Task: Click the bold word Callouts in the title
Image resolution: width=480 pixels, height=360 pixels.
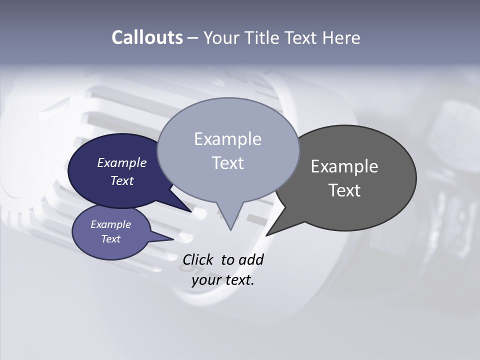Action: coord(147,37)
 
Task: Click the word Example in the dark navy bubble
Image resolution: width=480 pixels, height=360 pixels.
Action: coord(122,162)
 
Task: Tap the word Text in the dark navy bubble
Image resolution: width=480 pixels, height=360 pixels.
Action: coord(122,180)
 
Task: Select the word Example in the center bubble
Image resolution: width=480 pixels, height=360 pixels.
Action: coord(227,139)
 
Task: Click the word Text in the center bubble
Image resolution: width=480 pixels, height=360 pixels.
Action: coord(227,163)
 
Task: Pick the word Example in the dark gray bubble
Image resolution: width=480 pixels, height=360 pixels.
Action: coord(344,166)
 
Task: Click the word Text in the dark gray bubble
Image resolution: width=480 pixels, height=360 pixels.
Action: coord(344,190)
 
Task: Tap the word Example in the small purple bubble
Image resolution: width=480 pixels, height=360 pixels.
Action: coord(110,224)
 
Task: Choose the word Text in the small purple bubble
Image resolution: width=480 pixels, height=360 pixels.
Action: coord(110,239)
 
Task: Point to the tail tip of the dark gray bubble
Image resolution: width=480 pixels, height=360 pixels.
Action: coord(267,235)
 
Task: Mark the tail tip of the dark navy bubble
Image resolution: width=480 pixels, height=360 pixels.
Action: coord(191,211)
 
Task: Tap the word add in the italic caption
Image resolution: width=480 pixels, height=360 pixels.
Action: coord(250,259)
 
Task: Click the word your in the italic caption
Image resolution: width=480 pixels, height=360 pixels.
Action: coord(205,280)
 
